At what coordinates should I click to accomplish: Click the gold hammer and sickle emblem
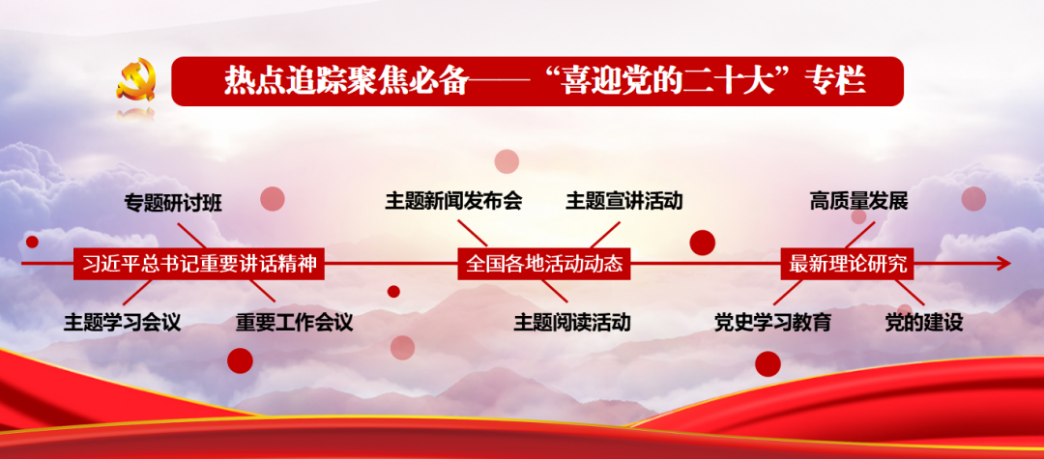pyautogui.click(x=136, y=79)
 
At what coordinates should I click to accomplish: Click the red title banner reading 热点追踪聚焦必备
pyautogui.click(x=537, y=81)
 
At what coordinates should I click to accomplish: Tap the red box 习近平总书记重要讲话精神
pyautogui.click(x=198, y=264)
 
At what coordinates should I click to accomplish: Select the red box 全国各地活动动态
pyautogui.click(x=544, y=264)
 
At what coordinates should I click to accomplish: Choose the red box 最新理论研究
pyautogui.click(x=848, y=264)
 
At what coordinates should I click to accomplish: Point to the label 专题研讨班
pyautogui.click(x=173, y=203)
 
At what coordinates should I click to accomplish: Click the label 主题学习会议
pyautogui.click(x=123, y=323)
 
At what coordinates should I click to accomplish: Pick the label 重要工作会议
pyautogui.click(x=294, y=323)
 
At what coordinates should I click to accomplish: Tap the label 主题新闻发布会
pyautogui.click(x=453, y=201)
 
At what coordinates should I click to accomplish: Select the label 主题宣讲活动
pyautogui.click(x=624, y=201)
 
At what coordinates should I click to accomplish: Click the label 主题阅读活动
pyautogui.click(x=572, y=323)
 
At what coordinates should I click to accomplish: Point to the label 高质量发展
pyautogui.click(x=859, y=201)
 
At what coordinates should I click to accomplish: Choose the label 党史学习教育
pyautogui.click(x=773, y=323)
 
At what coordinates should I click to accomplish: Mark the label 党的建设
pyautogui.click(x=923, y=323)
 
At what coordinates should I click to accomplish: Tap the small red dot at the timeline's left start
pyautogui.click(x=32, y=242)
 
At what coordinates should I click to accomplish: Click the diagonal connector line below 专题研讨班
pyautogui.click(x=191, y=236)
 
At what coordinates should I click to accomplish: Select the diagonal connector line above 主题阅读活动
pyautogui.click(x=555, y=291)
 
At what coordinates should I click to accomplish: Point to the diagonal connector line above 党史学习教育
pyautogui.click(x=788, y=292)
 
